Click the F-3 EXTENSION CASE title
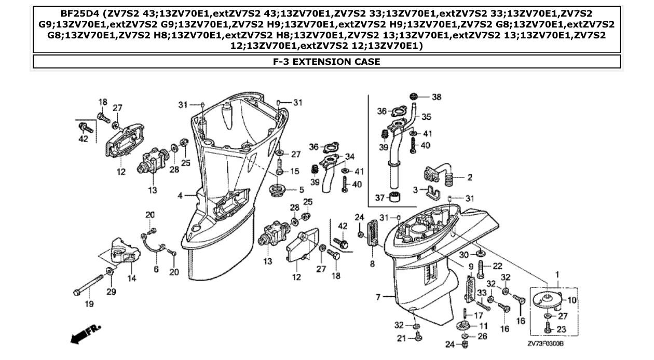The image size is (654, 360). pyautogui.click(x=326, y=62)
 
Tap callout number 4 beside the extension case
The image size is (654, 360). pyautogui.click(x=180, y=196)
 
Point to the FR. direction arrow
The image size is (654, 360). pyautogui.click(x=86, y=334)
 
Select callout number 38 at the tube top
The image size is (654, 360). pyautogui.click(x=437, y=97)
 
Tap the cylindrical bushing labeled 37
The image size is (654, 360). pyautogui.click(x=398, y=197)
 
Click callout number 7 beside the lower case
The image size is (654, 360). pyautogui.click(x=378, y=297)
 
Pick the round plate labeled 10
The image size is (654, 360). pyautogui.click(x=545, y=299)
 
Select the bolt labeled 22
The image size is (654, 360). pyautogui.click(x=481, y=269)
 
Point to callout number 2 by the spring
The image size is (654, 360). pyautogui.click(x=469, y=177)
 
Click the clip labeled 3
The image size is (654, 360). pyautogui.click(x=432, y=193)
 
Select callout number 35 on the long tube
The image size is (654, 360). pyautogui.click(x=426, y=117)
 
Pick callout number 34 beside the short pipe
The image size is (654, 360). pyautogui.click(x=350, y=156)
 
